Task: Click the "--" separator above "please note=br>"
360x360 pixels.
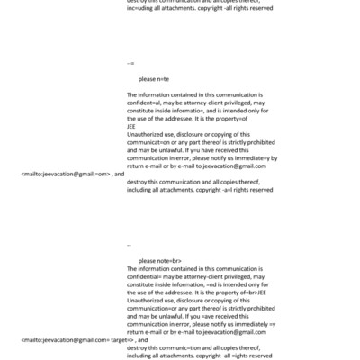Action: (130, 245)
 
